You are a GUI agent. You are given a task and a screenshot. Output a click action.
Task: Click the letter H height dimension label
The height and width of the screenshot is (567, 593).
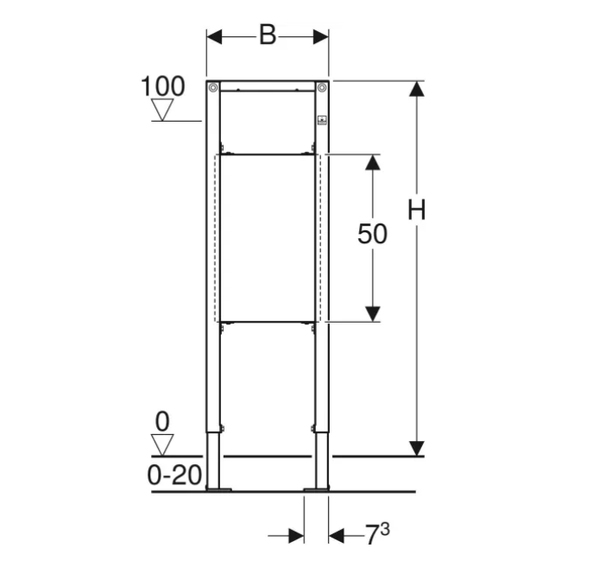coord(416,210)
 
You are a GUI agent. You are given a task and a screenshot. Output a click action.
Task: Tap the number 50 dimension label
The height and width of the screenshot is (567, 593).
coord(373,234)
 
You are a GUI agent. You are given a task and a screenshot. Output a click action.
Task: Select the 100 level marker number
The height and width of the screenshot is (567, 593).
coord(162,86)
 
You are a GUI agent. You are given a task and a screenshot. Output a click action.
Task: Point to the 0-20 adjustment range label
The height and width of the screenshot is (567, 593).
coord(174,475)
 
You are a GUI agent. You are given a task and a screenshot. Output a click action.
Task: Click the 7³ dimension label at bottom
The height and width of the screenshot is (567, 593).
coord(377,534)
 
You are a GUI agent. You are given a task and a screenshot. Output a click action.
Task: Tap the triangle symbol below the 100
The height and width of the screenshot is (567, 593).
coord(162,110)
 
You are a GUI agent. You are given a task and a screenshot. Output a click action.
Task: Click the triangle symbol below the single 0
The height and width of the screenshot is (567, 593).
coord(162,445)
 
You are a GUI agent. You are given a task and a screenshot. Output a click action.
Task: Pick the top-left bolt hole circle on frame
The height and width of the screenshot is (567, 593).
coord(213,88)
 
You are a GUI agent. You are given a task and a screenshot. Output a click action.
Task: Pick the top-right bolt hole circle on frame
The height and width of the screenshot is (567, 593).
coord(322,88)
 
